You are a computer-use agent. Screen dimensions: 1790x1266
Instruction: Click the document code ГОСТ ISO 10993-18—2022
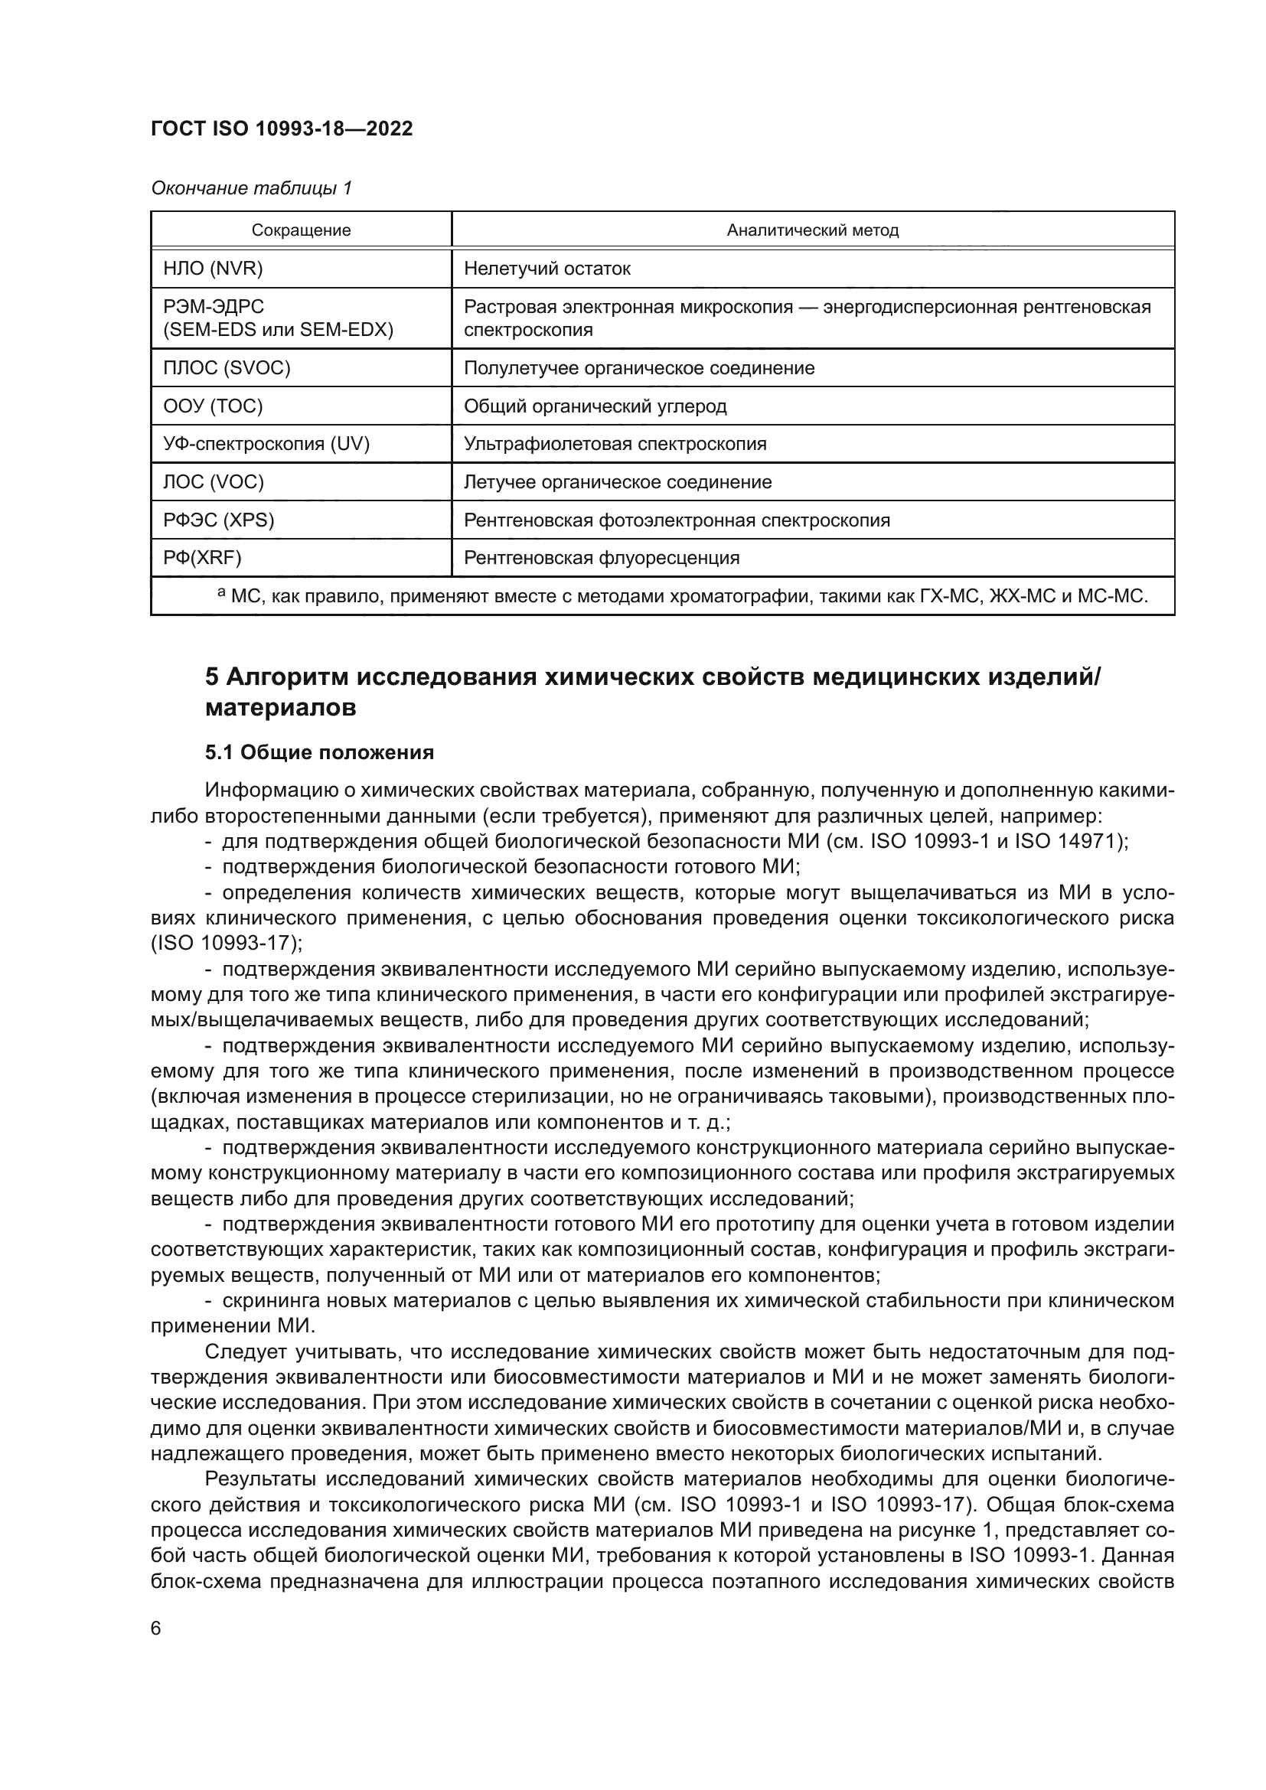point(282,129)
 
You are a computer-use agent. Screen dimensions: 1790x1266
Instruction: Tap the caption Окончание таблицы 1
point(251,188)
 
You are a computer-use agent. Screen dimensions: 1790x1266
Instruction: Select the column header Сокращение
point(301,231)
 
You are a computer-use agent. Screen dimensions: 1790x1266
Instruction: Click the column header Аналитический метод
point(812,231)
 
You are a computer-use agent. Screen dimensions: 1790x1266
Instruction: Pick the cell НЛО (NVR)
point(213,269)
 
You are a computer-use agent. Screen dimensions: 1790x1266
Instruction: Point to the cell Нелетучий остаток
point(547,269)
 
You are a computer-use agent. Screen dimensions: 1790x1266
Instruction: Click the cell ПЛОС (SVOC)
point(227,368)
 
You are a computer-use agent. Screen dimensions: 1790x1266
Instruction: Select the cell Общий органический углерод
point(595,406)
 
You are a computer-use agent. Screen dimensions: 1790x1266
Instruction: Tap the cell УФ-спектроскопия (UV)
point(266,445)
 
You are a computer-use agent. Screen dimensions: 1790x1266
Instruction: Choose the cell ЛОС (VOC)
point(214,483)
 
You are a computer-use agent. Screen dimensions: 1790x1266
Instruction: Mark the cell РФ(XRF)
point(203,558)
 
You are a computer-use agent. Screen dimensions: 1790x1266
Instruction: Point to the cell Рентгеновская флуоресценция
point(602,558)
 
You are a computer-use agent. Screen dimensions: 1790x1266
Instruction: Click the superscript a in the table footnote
point(221,594)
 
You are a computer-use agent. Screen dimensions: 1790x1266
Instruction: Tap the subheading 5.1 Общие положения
point(320,752)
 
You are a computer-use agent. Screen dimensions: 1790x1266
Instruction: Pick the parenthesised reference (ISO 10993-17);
point(227,943)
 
